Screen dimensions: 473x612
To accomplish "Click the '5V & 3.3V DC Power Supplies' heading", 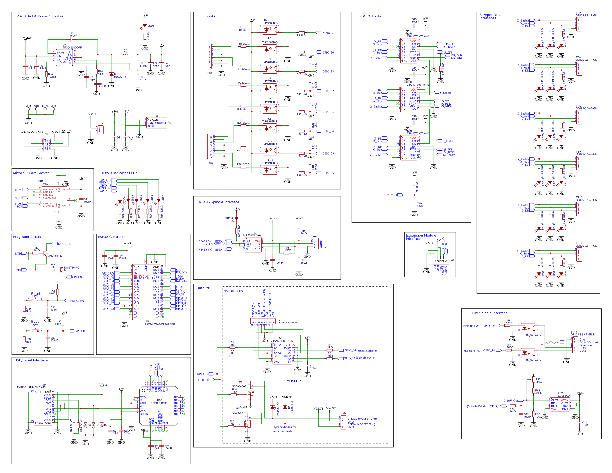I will (x=39, y=16).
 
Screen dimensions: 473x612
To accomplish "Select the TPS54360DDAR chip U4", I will (x=64, y=58).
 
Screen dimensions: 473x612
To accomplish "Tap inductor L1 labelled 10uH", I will (x=126, y=54).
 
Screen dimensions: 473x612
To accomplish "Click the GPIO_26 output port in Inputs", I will (x=328, y=52).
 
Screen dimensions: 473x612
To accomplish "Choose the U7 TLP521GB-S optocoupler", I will (x=270, y=109).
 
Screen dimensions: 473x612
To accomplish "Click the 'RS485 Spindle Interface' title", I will (x=219, y=202).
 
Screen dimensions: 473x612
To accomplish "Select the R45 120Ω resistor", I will (x=286, y=253).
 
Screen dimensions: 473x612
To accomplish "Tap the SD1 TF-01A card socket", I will (x=54, y=198).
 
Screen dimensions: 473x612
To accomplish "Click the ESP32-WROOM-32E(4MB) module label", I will (x=160, y=324).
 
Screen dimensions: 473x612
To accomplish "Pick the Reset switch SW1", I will (x=35, y=300).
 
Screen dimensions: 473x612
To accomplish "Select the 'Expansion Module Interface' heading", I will (x=421, y=237).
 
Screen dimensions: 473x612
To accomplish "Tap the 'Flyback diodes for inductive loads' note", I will (x=284, y=429).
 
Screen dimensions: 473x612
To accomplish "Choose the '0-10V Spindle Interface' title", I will (x=488, y=313).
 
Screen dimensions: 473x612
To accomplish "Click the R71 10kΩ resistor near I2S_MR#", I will (x=414, y=188).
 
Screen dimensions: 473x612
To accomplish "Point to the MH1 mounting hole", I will (x=28, y=109).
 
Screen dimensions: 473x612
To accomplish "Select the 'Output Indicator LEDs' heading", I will (x=119, y=173).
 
